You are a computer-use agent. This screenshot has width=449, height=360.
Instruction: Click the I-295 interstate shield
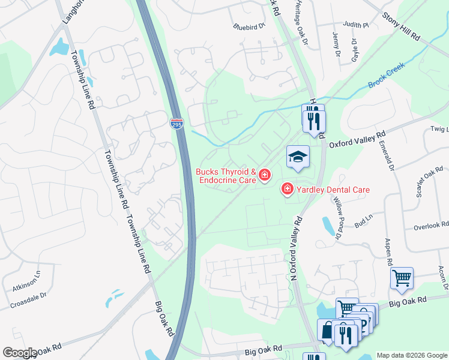176,124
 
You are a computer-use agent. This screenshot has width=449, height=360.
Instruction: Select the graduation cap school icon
298,157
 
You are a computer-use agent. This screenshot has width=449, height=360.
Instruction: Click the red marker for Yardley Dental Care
287,190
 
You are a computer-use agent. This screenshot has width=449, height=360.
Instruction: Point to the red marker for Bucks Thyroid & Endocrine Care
264,176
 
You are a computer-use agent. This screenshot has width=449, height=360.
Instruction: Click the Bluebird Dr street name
249,26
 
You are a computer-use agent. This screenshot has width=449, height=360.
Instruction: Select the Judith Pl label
356,25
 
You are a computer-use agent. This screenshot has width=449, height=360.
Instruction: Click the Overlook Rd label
431,226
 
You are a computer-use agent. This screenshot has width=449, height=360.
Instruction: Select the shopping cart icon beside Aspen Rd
402,278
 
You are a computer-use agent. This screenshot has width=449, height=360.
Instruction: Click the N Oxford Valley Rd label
294,248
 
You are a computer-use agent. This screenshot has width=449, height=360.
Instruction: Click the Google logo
20,353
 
